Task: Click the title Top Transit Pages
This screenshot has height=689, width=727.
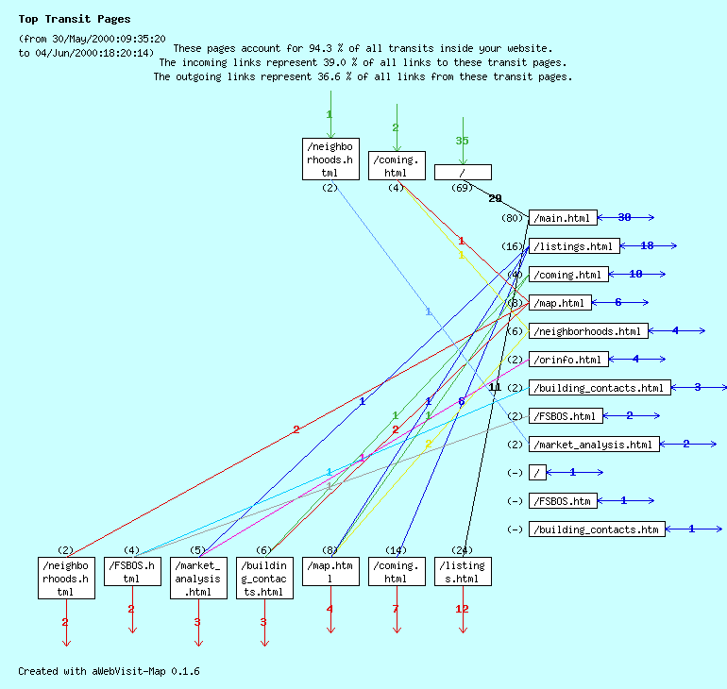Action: pyautogui.click(x=75, y=19)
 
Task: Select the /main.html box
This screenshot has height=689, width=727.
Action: pyautogui.click(x=563, y=218)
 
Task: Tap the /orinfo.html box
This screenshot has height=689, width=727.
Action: pyautogui.click(x=567, y=360)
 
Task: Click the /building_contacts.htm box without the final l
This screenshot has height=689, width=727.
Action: pyautogui.click(x=596, y=529)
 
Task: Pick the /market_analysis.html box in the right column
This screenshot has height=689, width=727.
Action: pyautogui.click(x=593, y=445)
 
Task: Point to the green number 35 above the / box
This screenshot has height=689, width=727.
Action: pyautogui.click(x=462, y=141)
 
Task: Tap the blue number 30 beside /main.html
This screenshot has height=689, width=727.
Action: pyautogui.click(x=624, y=218)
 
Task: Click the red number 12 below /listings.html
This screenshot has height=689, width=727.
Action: pyautogui.click(x=462, y=609)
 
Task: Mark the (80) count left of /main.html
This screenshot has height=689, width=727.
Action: pyautogui.click(x=513, y=218)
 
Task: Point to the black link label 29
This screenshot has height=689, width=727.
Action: pyautogui.click(x=495, y=199)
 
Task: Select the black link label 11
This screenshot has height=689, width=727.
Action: pyautogui.click(x=495, y=388)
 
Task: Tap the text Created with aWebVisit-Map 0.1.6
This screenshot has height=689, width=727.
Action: pyautogui.click(x=109, y=671)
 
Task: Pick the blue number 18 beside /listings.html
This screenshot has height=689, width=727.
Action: pyautogui.click(x=647, y=246)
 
